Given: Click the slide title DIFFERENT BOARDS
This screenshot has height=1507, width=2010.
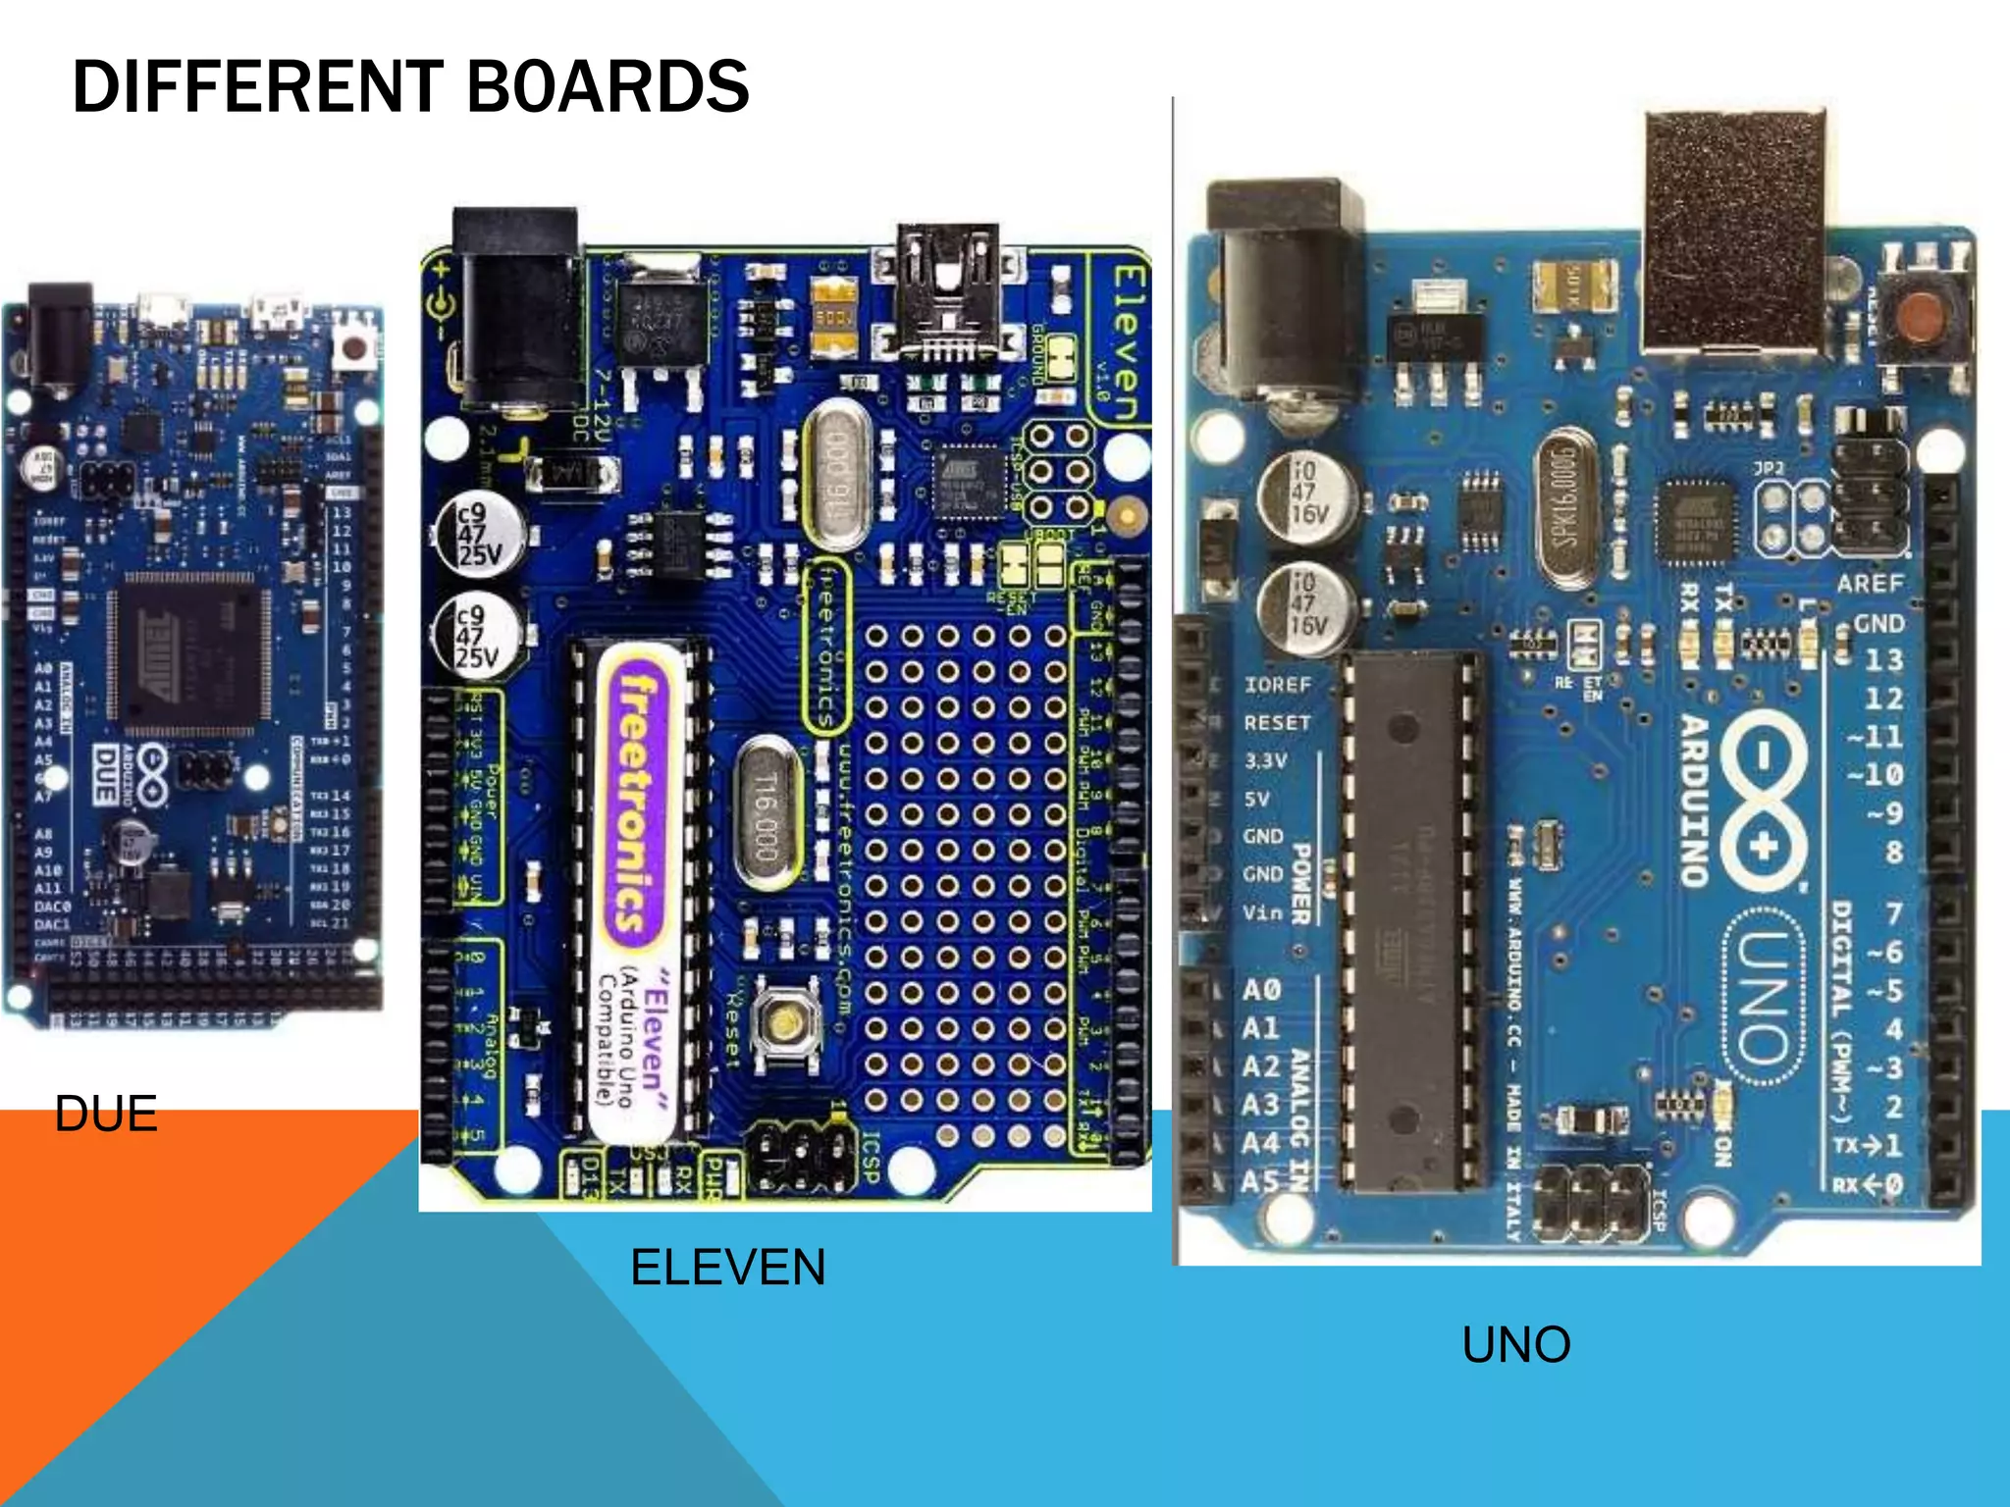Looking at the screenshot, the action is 410,87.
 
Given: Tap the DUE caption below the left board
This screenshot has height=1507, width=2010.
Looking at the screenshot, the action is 106,1114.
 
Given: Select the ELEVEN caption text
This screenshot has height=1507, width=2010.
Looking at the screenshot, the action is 727,1267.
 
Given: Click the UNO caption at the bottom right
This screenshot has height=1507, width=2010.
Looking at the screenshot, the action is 1516,1344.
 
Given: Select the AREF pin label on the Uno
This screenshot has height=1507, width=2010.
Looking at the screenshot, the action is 1870,584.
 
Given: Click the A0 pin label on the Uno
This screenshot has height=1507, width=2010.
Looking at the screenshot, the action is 1261,989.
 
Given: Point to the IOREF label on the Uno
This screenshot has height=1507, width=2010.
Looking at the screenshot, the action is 1277,684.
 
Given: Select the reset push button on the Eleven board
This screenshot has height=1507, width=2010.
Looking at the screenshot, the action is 784,1023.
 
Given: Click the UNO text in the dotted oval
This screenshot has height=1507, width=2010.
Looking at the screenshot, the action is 1763,996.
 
